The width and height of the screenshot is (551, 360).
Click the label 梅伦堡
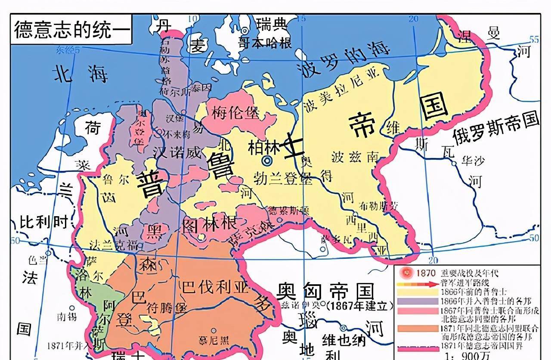coord(235,113)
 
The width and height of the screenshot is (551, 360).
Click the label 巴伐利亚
coord(215,287)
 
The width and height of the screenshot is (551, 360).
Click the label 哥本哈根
coord(265,42)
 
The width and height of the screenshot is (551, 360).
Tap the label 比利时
coord(44,222)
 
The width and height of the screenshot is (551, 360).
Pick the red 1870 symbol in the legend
coord(405,273)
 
